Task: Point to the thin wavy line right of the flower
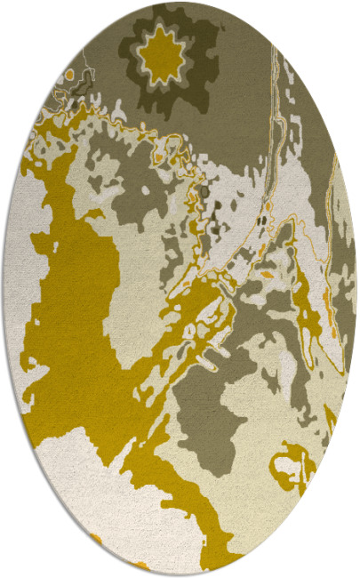(x=276, y=98)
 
